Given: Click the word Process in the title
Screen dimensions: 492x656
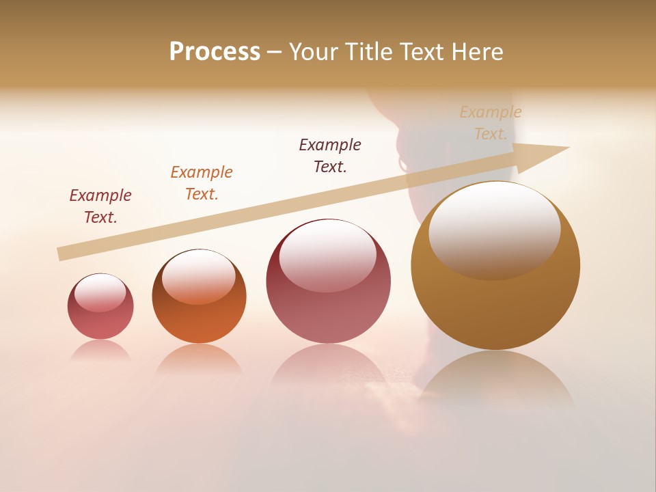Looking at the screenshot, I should pyautogui.click(x=215, y=52).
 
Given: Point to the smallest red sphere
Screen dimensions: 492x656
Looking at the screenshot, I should pyautogui.click(x=100, y=307).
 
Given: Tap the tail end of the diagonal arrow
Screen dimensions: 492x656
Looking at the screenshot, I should pyautogui.click(x=60, y=254).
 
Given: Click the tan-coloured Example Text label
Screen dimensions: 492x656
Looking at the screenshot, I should pyautogui.click(x=491, y=123).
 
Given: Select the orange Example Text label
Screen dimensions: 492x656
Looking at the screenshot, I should pyautogui.click(x=202, y=183).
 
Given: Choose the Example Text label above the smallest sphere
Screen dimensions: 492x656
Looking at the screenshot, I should pyautogui.click(x=100, y=206).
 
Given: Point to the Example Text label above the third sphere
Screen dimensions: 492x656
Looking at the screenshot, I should pyautogui.click(x=330, y=155).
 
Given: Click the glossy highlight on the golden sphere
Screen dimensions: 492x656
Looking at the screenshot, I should pyautogui.click(x=494, y=229).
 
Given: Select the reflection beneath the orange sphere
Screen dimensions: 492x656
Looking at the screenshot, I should pyautogui.click(x=199, y=359).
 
